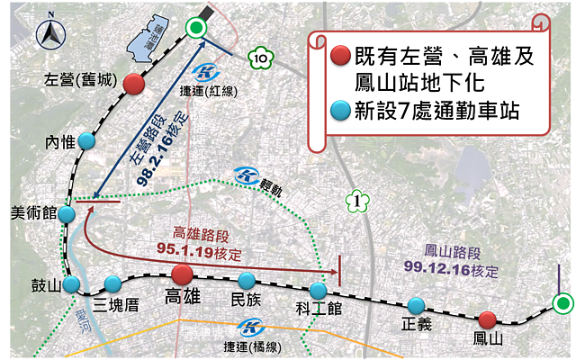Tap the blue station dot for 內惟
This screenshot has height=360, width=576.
86,141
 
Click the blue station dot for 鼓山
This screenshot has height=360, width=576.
70,285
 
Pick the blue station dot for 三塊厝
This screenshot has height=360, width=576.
112,282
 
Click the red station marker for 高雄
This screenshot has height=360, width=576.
182,274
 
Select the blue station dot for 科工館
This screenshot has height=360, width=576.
319,291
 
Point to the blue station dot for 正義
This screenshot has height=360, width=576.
416,305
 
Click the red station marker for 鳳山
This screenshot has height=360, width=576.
487,319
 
